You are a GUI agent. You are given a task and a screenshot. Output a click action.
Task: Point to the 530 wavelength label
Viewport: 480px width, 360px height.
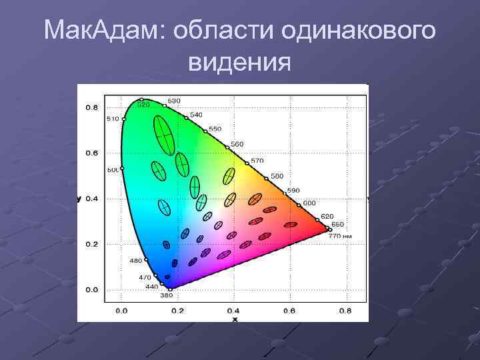click(x=173, y=101)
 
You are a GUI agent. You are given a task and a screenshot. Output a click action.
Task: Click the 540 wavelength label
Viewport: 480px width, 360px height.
click(x=196, y=115)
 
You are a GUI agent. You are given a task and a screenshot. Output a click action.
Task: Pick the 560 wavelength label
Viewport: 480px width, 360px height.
click(x=237, y=144)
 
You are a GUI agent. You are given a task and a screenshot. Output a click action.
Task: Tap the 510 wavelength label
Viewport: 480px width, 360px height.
click(x=113, y=119)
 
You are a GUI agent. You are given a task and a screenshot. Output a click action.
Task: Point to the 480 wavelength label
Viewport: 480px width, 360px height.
click(x=135, y=261)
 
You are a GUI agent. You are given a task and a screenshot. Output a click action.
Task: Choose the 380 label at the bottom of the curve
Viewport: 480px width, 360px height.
click(x=166, y=295)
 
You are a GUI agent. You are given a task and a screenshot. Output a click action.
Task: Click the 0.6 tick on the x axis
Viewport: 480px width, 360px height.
click(x=289, y=311)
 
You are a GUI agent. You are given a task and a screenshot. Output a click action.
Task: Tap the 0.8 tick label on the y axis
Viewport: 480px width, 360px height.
click(x=91, y=107)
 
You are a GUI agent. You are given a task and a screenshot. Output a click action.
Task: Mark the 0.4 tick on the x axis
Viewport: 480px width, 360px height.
click(x=233, y=311)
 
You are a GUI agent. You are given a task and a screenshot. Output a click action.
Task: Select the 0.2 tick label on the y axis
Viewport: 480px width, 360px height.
click(x=91, y=244)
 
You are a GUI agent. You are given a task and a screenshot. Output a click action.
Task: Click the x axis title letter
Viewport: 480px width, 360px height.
click(x=234, y=319)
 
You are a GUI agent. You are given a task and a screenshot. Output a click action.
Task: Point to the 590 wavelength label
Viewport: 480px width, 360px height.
click(x=294, y=191)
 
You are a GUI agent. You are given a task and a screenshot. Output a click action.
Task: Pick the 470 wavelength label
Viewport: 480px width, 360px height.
click(x=145, y=277)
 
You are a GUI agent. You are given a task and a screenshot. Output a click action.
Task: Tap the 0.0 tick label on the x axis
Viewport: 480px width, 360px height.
click(x=122, y=311)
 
